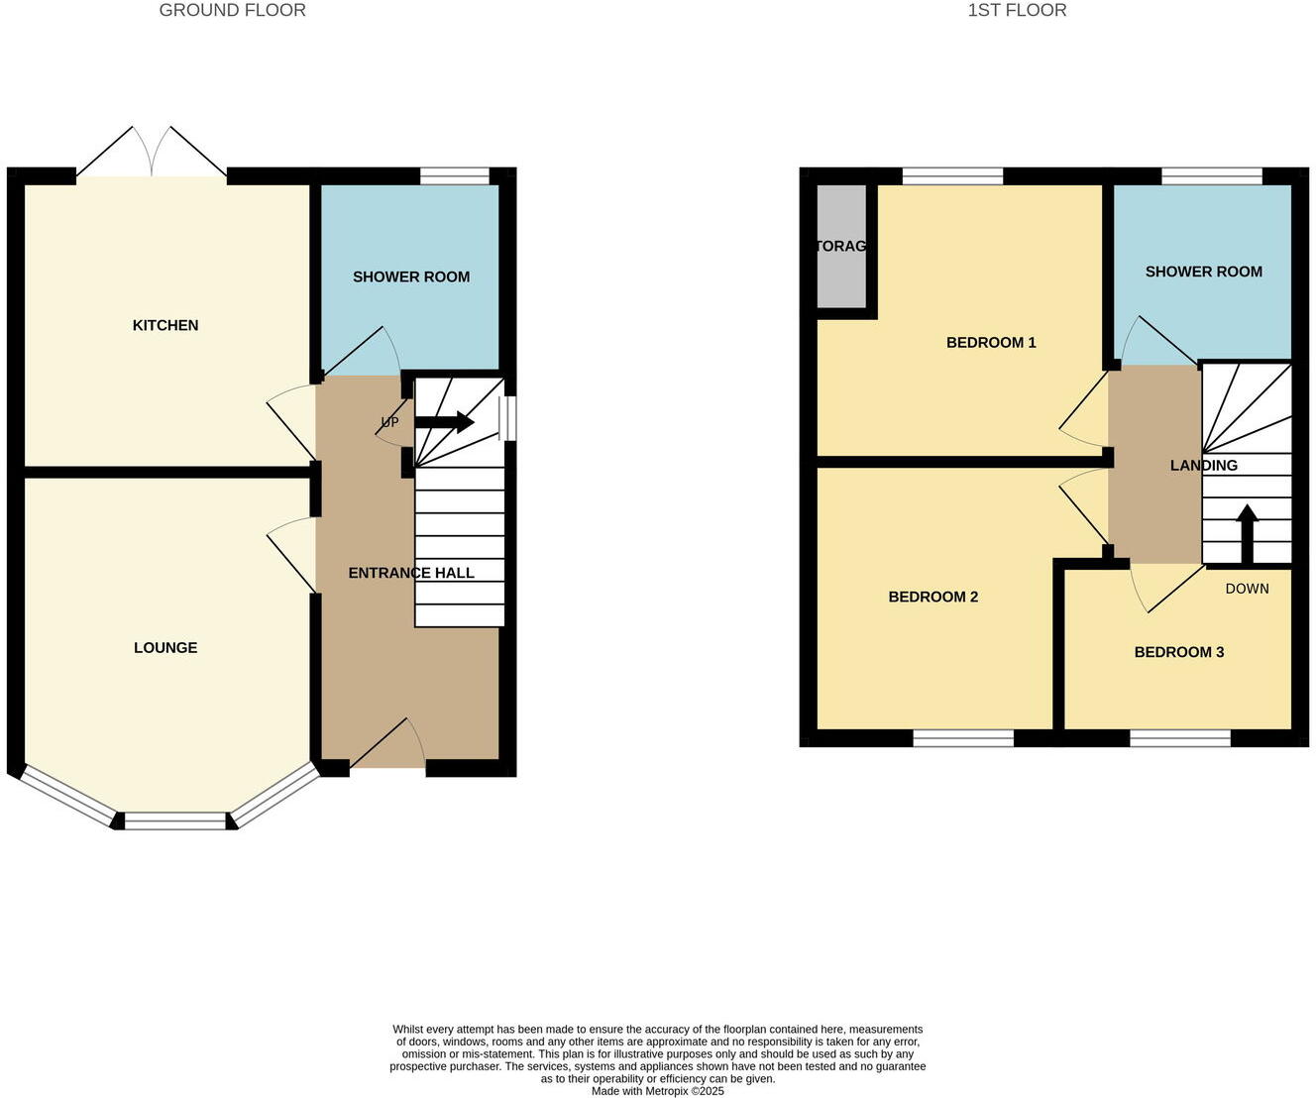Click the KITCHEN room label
[165, 325]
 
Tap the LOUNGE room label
[165, 647]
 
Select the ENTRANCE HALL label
[411, 573]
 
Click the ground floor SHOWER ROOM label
[411, 276]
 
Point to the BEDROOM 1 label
[991, 343]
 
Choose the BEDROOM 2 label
[933, 597]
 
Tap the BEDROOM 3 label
[1179, 652]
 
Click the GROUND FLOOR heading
[233, 11]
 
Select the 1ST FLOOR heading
[1017, 11]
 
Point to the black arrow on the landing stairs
[1247, 532]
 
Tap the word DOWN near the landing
[1247, 589]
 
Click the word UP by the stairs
[390, 423]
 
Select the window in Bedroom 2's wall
[963, 737]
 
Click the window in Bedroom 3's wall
[1180, 737]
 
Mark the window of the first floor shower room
[1212, 176]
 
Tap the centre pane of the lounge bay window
[175, 821]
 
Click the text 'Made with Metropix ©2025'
[658, 1091]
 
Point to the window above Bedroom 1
[952, 176]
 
